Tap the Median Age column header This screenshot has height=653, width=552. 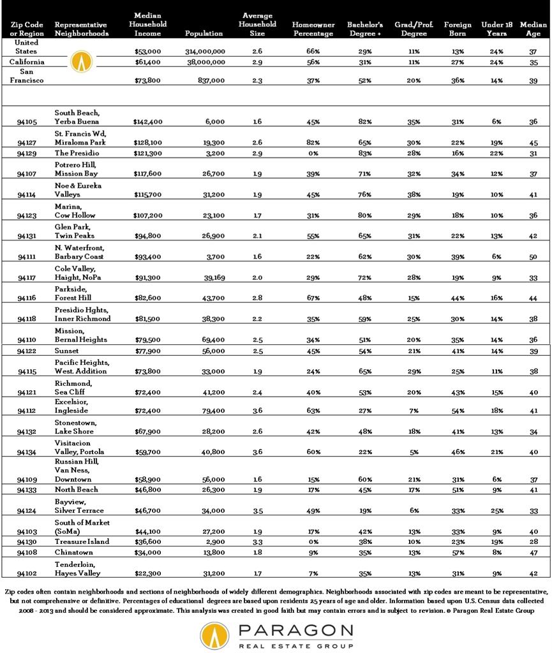click(x=533, y=29)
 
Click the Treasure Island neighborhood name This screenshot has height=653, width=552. click(x=82, y=541)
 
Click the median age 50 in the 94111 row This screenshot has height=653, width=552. click(x=533, y=256)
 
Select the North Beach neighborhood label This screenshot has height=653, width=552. click(x=77, y=489)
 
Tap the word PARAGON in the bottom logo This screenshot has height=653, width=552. click(x=295, y=631)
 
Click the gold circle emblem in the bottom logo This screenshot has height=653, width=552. click(x=215, y=636)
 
